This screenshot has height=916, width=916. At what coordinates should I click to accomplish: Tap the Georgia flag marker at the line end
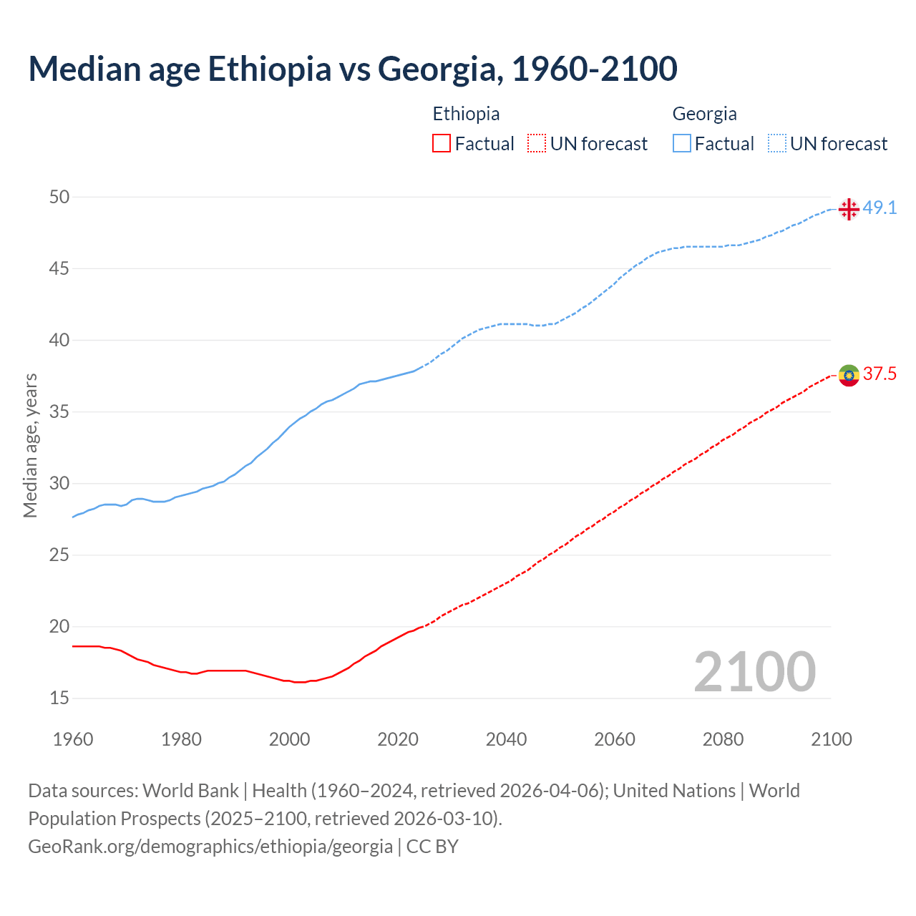(849, 209)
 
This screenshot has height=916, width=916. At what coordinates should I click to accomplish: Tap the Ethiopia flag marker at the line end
(849, 375)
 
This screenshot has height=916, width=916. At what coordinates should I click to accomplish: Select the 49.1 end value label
(880, 208)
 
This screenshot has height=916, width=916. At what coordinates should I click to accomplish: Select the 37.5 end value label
(880, 374)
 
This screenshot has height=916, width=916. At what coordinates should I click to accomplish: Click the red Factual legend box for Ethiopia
(442, 144)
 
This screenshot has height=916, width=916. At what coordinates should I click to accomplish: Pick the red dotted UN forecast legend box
(537, 144)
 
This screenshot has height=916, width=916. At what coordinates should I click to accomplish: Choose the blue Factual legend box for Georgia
(682, 144)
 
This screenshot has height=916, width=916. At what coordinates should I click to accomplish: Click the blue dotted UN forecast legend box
(776, 144)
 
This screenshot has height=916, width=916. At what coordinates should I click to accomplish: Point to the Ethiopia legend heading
(466, 114)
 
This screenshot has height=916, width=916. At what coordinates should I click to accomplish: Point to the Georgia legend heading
(704, 114)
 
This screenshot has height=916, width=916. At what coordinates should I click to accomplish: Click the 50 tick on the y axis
(59, 197)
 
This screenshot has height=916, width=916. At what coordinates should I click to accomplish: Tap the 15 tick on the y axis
(59, 698)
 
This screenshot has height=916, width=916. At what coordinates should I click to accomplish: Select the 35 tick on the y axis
(59, 411)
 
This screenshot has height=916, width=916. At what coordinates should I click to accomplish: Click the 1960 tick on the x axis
(73, 739)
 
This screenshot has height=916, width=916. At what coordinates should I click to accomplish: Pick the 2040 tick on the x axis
(506, 739)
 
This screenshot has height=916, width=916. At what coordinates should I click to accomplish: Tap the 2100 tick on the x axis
(832, 739)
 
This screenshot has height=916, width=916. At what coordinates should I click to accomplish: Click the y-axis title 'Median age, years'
(30, 445)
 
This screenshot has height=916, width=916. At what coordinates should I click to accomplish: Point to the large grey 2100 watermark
(754, 672)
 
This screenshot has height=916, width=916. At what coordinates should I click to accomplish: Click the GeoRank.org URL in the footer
(210, 847)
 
